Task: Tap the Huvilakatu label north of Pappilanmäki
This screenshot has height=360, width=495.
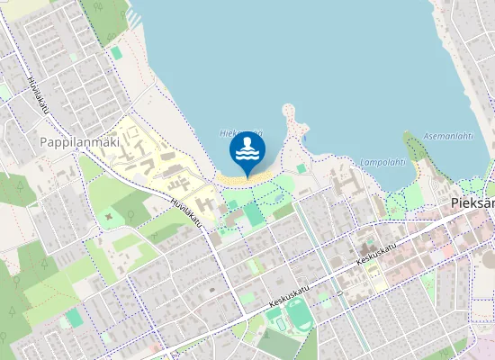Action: tap(37, 94)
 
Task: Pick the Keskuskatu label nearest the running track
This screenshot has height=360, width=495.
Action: tap(288, 298)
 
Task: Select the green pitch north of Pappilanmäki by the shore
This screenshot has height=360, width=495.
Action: tap(116, 53)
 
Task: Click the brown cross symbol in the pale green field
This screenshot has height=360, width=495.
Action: tap(110, 216)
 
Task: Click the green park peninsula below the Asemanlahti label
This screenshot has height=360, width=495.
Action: tap(416, 155)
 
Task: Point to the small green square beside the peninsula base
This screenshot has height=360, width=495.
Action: tap(301, 168)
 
